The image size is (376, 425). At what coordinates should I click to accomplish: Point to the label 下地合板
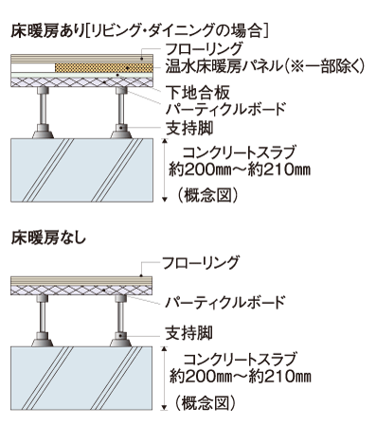[195, 94]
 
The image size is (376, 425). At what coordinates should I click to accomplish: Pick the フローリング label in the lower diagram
[200, 261]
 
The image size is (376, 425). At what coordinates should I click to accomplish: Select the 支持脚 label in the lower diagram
[186, 333]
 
